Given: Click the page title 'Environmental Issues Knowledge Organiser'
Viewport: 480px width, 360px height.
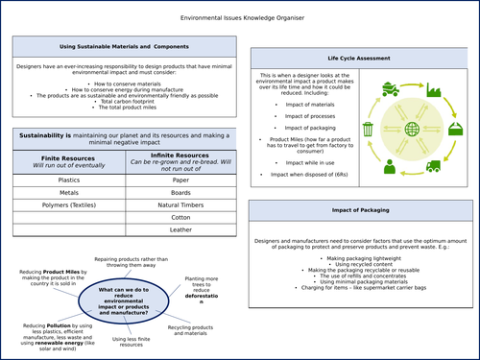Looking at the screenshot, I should [x=239, y=17].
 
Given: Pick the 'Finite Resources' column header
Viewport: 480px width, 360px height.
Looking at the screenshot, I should [x=68, y=157].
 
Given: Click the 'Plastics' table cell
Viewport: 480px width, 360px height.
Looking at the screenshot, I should [x=68, y=179].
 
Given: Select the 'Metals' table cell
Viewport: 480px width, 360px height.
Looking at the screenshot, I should [x=68, y=192].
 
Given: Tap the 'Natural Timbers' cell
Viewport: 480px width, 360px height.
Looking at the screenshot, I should [x=180, y=205].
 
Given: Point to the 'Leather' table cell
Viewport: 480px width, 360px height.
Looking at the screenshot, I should [x=180, y=231].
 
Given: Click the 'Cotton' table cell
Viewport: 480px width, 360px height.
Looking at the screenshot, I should [x=180, y=219].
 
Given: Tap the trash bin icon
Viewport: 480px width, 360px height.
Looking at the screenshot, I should [x=369, y=129].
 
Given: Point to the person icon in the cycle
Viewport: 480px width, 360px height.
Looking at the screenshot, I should [x=390, y=167].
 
